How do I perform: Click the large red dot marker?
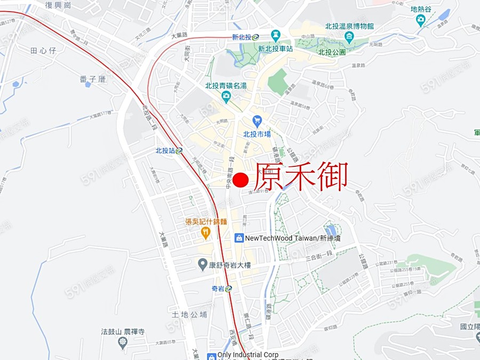241,180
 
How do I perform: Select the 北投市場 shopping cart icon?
258,121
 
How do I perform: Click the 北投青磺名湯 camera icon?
226,97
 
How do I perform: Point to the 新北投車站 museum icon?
275,36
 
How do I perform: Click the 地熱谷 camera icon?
421,21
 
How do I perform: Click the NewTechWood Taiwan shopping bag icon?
239,238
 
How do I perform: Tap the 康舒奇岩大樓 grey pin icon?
203,264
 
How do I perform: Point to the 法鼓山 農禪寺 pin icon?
123,342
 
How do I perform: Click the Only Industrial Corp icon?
211,355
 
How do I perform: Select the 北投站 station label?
166,151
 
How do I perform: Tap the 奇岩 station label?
218,289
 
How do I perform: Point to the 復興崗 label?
58,5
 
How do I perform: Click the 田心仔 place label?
43,50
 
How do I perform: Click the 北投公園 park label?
332,52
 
